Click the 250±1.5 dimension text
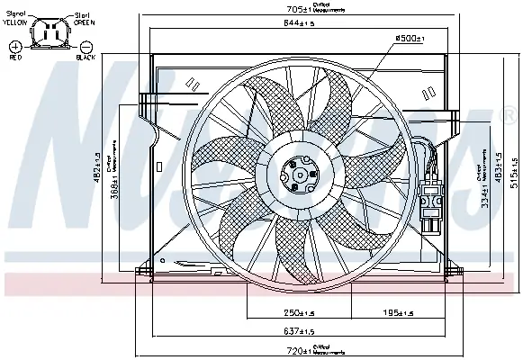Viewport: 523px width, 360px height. click(x=268, y=314)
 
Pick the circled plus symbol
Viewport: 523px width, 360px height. click(x=15, y=44)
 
